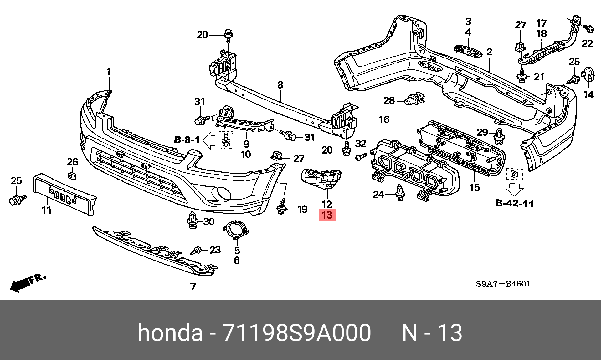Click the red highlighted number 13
327,215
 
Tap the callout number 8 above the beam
280,85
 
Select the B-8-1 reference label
187,140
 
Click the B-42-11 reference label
515,203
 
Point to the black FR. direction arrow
21,285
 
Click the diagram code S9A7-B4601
503,284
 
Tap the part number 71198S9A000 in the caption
296,332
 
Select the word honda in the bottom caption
170,332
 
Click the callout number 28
389,100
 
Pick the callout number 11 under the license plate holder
47,210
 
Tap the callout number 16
384,119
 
